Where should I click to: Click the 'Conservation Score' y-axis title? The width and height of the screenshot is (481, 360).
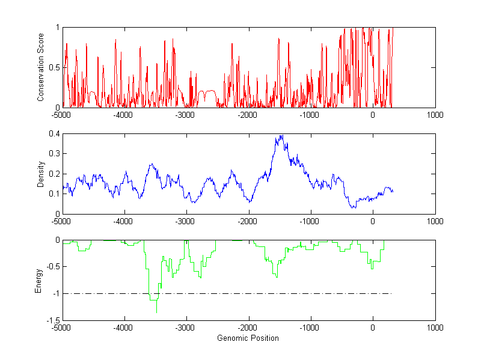40,67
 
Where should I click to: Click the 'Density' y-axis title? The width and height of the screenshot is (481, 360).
40,174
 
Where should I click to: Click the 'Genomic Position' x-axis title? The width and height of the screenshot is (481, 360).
248,338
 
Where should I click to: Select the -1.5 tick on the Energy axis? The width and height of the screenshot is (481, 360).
53,320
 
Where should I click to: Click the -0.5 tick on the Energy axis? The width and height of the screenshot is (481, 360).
53,267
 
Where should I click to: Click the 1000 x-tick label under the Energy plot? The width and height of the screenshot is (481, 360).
435,328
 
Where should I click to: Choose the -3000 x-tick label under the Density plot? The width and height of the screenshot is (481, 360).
185,221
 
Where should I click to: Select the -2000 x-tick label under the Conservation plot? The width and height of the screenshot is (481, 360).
248,115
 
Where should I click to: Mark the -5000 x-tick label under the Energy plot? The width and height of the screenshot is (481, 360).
61,328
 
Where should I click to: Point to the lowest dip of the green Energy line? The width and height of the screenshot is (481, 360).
156,313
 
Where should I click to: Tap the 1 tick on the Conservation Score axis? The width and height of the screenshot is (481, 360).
57,28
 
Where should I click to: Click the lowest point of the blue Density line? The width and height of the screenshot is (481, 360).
354,207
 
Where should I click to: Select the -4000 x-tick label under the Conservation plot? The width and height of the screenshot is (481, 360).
123,115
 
